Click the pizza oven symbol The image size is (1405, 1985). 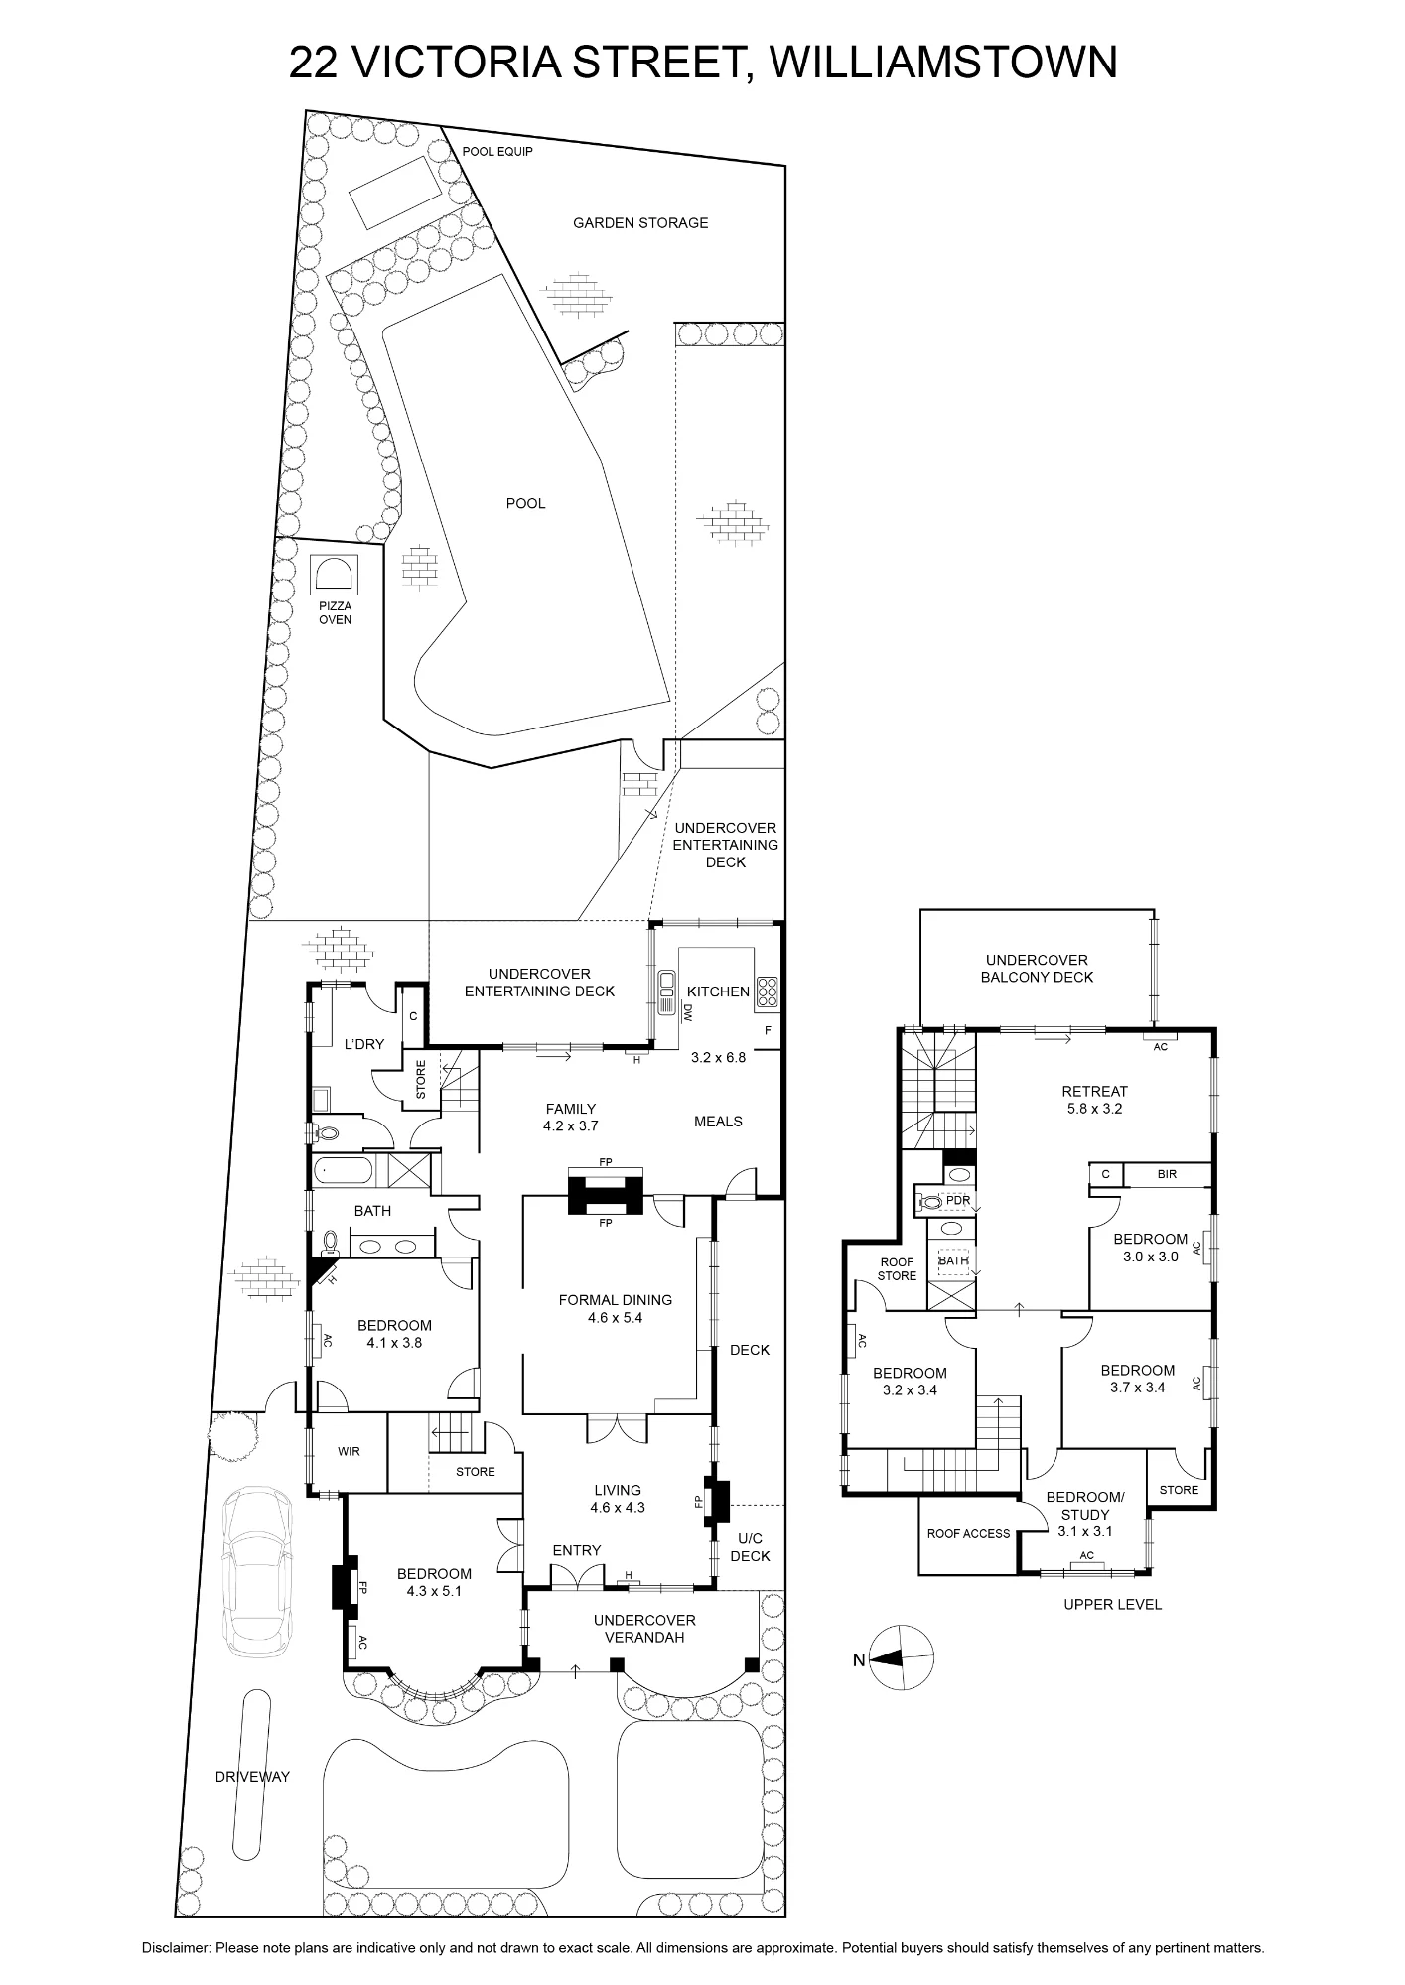tap(335, 575)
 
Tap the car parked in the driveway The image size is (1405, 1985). tap(258, 1572)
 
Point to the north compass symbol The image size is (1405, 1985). tap(901, 1657)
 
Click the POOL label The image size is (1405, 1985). tap(526, 503)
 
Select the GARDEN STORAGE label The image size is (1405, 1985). tap(640, 223)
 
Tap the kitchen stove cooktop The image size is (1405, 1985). tap(769, 990)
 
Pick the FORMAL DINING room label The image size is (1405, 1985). tap(616, 1308)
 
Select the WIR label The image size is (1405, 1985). tap(349, 1451)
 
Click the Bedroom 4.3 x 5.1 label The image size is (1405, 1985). tap(434, 1582)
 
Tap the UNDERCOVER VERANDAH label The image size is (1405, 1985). tap(644, 1629)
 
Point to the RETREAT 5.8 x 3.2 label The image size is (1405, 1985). tap(1095, 1100)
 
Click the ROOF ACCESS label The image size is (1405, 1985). tap(968, 1533)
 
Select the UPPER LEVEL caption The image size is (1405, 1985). tap(1112, 1604)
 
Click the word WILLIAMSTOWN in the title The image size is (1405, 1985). tap(943, 63)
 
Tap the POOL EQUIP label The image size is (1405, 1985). tap(497, 152)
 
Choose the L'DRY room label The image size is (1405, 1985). tap(364, 1044)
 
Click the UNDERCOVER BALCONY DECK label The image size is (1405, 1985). tap(1038, 969)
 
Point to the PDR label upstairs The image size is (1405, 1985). tap(958, 1201)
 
